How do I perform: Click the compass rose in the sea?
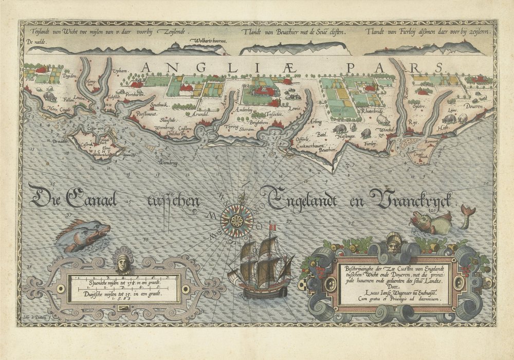(236, 221)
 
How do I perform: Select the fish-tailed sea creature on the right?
(437, 221)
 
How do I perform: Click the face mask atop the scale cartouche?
(122, 262)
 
